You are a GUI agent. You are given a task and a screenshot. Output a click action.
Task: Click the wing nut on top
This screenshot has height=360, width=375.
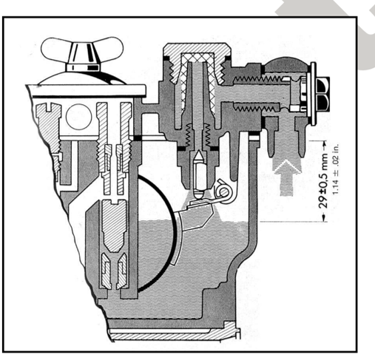[x=82, y=54]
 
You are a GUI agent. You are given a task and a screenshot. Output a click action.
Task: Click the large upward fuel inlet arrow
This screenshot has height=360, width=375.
[x=287, y=177]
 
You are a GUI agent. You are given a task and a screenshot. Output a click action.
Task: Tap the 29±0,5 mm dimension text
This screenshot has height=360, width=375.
[x=324, y=180]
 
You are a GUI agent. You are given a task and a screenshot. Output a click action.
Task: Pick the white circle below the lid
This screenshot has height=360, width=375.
[x=79, y=117]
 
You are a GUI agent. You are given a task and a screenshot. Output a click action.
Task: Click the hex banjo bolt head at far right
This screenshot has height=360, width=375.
[x=322, y=94]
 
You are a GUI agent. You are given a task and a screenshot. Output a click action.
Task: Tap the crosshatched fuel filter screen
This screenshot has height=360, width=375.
[x=197, y=81]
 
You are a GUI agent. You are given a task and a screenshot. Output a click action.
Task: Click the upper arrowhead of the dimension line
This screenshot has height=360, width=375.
[x=324, y=143]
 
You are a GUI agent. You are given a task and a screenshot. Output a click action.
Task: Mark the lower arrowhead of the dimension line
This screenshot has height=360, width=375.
[x=324, y=219]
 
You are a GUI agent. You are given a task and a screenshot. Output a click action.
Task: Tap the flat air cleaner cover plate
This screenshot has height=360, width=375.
[x=87, y=90]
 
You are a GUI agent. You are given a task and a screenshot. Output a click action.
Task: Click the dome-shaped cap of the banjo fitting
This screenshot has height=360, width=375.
[x=287, y=64]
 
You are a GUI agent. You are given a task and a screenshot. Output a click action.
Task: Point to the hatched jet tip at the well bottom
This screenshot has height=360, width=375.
[x=114, y=271]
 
